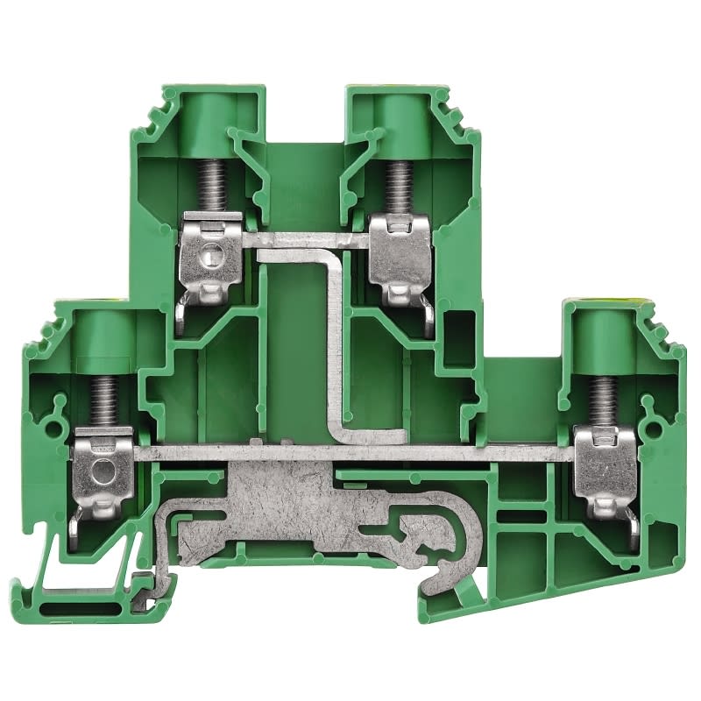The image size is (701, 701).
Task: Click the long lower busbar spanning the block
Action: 350,451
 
